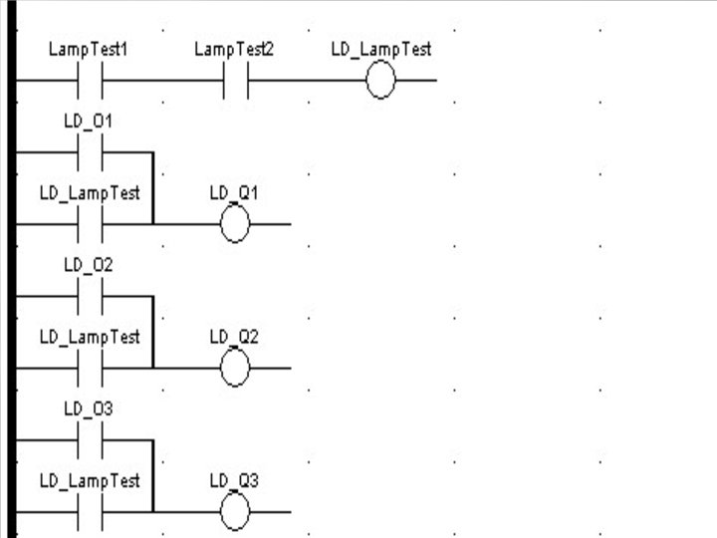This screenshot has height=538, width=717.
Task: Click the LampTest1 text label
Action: (89, 49)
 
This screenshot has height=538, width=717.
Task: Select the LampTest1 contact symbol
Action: (90, 80)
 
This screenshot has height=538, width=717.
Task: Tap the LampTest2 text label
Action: (233, 49)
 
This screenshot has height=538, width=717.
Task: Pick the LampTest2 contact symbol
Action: (234, 80)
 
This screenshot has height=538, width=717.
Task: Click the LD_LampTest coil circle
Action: (380, 81)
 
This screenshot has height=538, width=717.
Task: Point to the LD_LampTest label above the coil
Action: (380, 49)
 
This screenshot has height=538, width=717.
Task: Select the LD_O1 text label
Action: (89, 122)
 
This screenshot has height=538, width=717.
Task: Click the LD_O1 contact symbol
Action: (90, 152)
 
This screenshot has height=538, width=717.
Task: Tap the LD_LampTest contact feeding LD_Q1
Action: (90, 224)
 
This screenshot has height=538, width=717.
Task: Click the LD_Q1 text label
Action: (234, 192)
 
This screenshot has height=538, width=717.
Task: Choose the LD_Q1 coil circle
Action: (234, 224)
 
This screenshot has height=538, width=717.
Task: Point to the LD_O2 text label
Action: (89, 265)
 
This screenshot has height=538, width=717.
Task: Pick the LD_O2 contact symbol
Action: (90, 296)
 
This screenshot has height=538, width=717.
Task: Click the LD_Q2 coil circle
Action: (234, 369)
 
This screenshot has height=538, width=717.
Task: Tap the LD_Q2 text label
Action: (234, 337)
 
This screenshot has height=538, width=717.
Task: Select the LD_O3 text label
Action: (89, 408)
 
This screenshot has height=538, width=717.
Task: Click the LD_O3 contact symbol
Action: (90, 439)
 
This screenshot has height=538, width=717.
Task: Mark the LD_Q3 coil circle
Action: (234, 512)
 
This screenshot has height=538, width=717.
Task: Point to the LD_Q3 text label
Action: (234, 480)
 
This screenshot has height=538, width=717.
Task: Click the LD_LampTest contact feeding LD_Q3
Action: (90, 512)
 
